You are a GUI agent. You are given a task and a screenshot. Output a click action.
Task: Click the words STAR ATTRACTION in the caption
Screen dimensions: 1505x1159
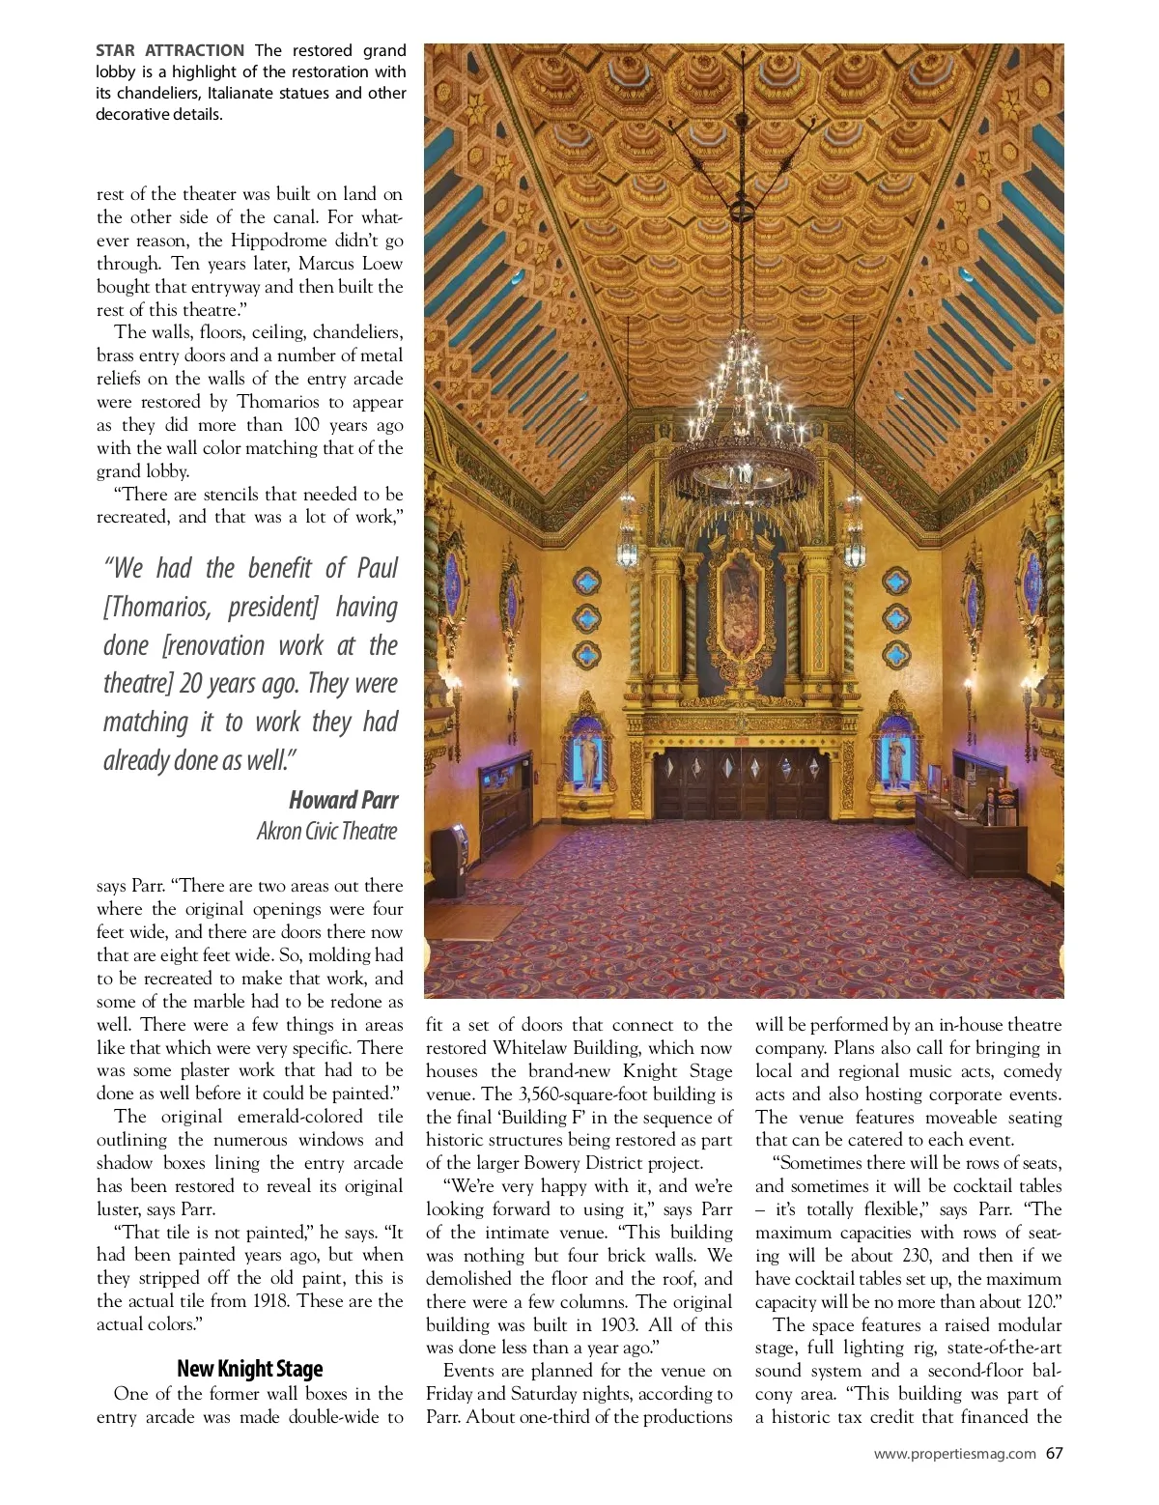pyautogui.click(x=170, y=50)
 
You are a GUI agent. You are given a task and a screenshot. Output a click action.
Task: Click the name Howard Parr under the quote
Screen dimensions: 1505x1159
pyautogui.click(x=343, y=800)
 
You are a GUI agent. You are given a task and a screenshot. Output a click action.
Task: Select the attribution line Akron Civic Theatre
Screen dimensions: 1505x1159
pyautogui.click(x=326, y=831)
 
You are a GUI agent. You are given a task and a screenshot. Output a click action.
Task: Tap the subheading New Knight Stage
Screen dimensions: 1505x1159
pyautogui.click(x=250, y=1369)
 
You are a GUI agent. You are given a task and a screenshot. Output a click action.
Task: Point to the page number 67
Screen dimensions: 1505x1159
pyautogui.click(x=1054, y=1453)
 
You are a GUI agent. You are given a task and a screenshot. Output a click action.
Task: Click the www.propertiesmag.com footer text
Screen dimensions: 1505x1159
pyautogui.click(x=954, y=1454)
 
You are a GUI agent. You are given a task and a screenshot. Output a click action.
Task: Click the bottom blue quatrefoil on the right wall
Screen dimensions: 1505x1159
pyautogui.click(x=896, y=655)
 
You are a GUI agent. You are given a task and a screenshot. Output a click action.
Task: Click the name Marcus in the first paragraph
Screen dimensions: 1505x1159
pyautogui.click(x=329, y=264)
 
